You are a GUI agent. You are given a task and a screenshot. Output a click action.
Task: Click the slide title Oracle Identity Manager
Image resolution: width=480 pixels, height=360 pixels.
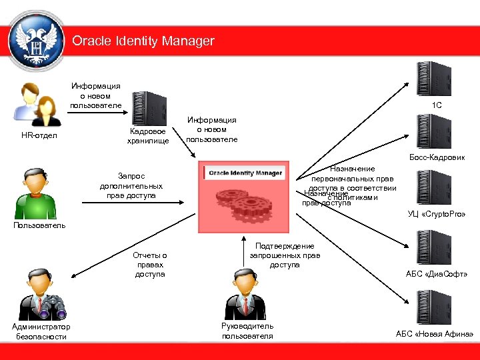click(143, 41)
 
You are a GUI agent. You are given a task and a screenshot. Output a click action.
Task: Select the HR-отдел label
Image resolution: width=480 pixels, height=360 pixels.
click(39, 136)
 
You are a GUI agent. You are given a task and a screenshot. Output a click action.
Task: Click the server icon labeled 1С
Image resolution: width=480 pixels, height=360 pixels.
click(433, 79)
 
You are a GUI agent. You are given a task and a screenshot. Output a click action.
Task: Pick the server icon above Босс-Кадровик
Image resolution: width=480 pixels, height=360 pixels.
click(433, 131)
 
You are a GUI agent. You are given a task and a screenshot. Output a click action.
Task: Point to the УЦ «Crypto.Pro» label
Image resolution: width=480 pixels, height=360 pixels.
click(436, 214)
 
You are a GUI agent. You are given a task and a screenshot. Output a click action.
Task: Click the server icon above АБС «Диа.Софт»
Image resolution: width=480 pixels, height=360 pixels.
click(433, 247)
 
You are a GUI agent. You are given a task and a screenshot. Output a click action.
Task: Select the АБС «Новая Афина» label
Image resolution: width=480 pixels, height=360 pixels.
click(435, 333)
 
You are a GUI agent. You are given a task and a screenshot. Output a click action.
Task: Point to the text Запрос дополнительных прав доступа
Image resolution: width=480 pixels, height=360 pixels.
click(131, 186)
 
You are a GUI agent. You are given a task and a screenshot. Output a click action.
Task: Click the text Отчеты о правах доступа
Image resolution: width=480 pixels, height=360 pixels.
click(149, 265)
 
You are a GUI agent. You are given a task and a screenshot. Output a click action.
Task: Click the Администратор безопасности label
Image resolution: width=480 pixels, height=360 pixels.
click(41, 331)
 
